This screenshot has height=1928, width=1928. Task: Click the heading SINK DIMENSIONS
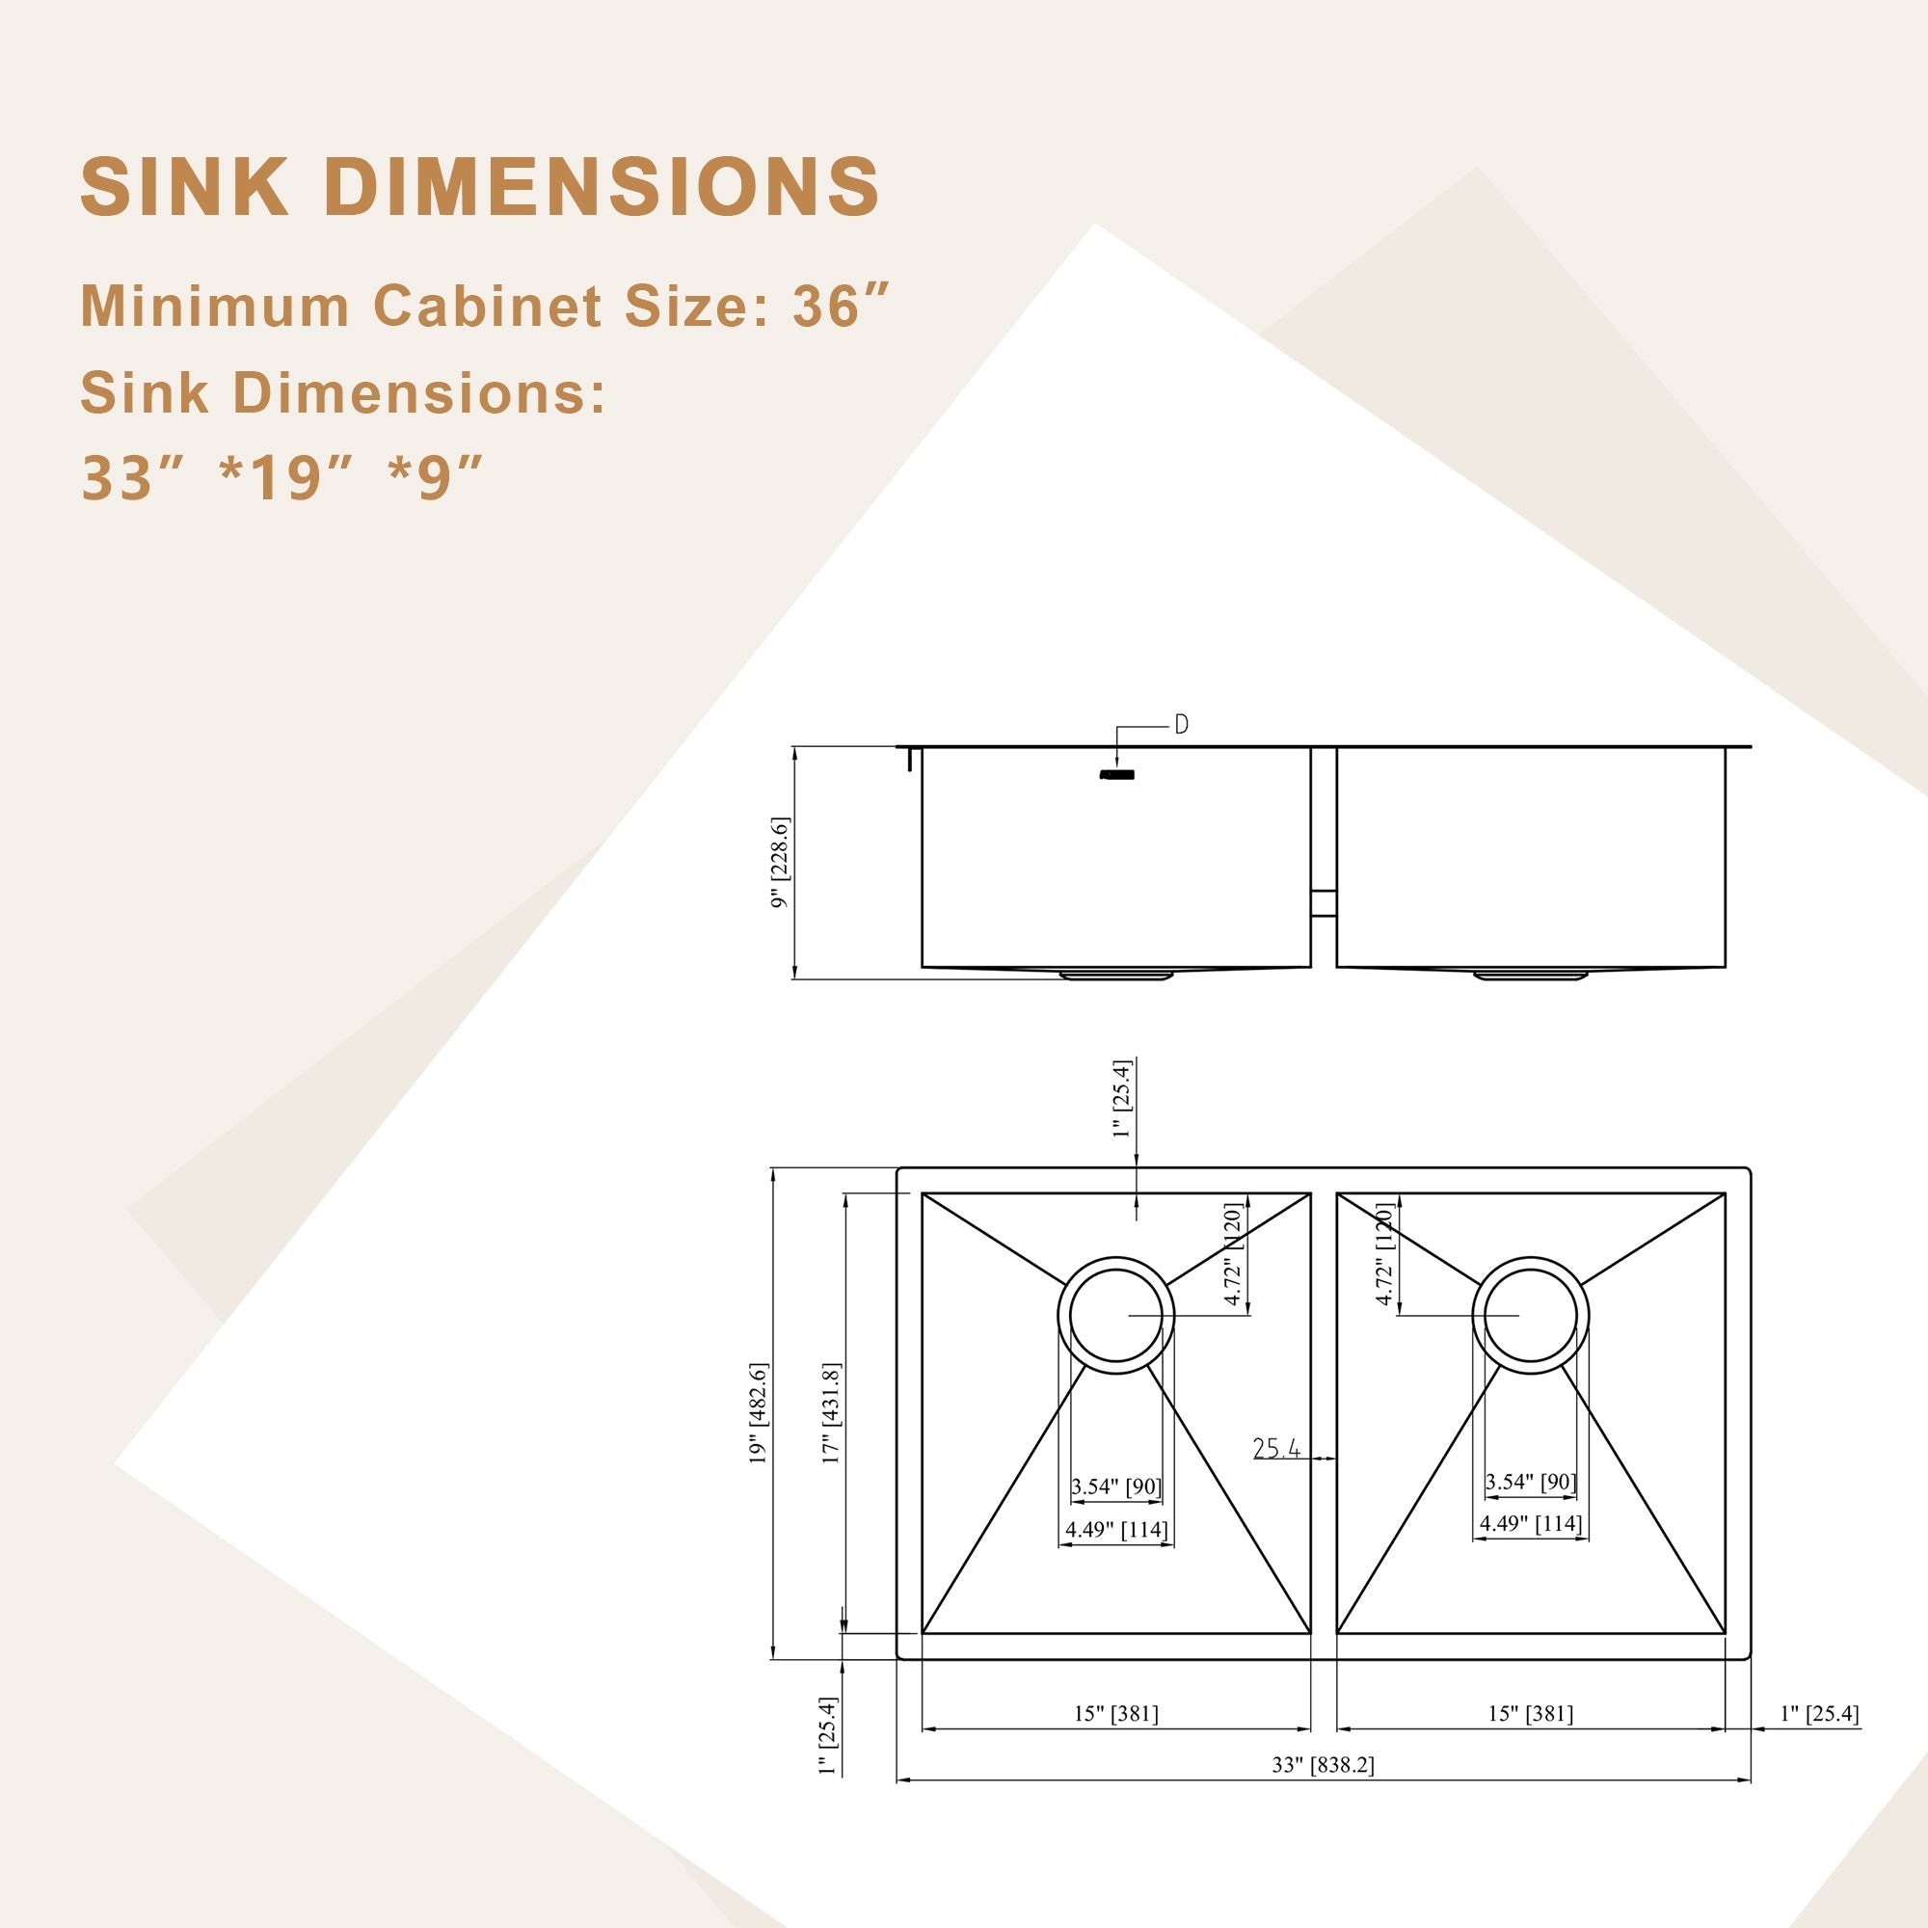point(479,187)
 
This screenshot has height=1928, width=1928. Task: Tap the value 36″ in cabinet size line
point(841,306)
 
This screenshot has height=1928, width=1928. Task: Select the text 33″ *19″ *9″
point(281,478)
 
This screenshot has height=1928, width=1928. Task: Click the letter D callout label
point(1182,726)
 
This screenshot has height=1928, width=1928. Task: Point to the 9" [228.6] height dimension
point(779,863)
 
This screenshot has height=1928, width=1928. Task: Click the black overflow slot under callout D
point(1116,774)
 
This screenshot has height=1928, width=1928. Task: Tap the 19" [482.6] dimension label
point(759,1413)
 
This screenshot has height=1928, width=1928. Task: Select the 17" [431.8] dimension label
point(830,1413)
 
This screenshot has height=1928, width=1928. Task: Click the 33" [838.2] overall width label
point(1323,1764)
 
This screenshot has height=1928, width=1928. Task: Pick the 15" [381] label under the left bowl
point(1115,1713)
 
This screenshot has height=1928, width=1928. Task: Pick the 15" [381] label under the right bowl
point(1530,1713)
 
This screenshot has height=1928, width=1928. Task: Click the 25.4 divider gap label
point(1276,1448)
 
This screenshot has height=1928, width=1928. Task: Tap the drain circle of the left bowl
point(1115,1315)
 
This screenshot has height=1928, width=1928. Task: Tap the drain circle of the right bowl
point(1530,1315)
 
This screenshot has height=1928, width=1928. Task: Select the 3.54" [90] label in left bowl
point(1115,1486)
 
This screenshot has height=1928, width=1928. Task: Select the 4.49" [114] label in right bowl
point(1530,1524)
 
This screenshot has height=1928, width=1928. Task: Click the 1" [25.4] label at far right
point(1819,1713)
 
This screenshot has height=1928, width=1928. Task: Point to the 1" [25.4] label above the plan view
point(1123,1099)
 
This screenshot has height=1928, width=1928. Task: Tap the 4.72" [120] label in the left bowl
point(1234,1254)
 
